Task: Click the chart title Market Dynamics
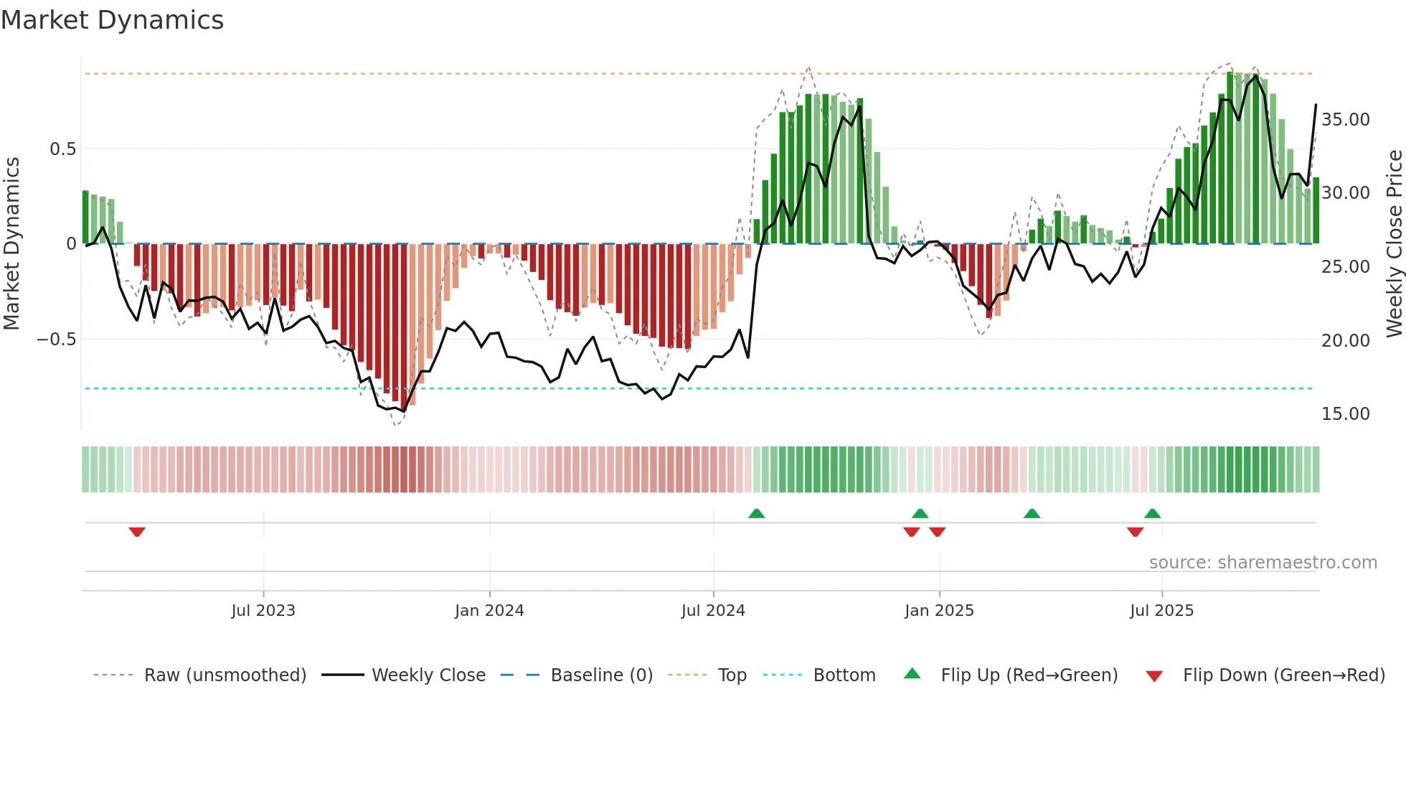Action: click(113, 20)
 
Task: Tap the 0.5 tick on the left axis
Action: click(62, 149)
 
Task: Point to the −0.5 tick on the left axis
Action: click(57, 340)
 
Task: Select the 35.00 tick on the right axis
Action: click(1345, 120)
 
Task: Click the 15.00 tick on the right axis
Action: click(1345, 414)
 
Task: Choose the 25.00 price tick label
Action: click(1345, 267)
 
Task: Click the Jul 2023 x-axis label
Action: click(263, 611)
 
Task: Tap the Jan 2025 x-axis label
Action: click(939, 611)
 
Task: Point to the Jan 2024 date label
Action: click(489, 611)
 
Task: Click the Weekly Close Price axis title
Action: click(1394, 243)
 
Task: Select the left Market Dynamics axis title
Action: click(11, 243)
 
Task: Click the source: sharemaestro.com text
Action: click(1263, 563)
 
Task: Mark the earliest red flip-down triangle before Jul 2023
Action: click(137, 532)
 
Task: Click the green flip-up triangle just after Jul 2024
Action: click(756, 513)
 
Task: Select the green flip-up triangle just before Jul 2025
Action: click(1152, 513)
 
